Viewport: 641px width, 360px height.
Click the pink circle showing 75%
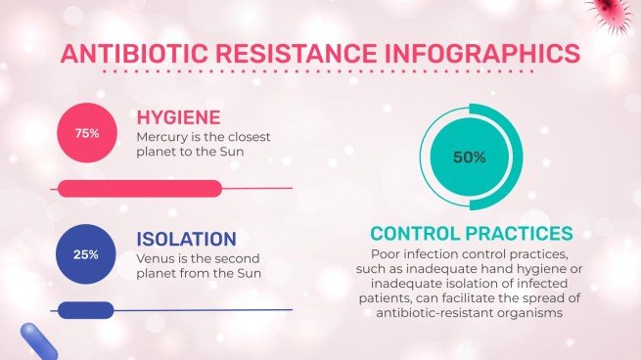click(86, 132)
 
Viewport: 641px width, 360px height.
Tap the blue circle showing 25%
click(86, 254)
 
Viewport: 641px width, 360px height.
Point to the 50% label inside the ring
click(470, 157)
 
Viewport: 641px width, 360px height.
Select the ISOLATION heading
click(186, 239)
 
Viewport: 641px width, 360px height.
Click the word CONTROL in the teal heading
click(420, 234)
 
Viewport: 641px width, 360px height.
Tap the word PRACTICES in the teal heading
click(524, 234)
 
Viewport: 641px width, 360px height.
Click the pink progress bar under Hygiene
click(141, 188)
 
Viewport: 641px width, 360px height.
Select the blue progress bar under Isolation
click(86, 310)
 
